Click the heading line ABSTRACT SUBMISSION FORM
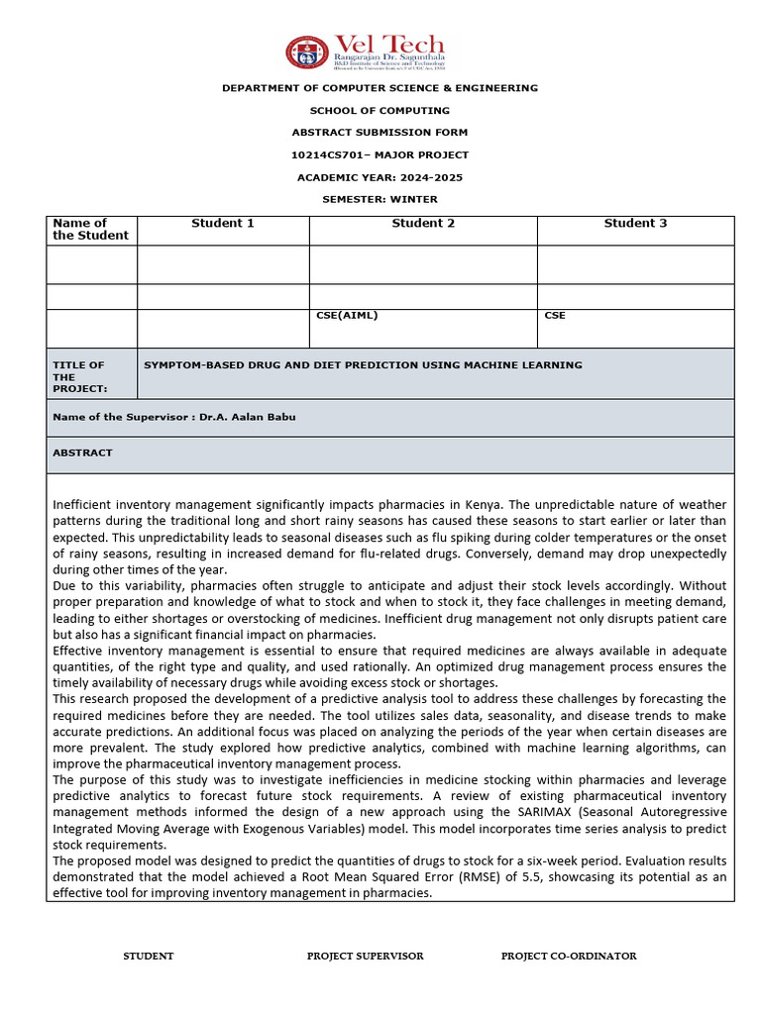click(380, 133)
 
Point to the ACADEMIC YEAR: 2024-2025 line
click(380, 177)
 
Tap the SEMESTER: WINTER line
click(380, 199)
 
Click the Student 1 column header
click(223, 224)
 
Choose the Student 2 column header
click(423, 224)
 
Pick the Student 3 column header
click(635, 224)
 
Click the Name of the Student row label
click(90, 230)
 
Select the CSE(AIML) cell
click(347, 316)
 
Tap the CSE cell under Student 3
click(555, 316)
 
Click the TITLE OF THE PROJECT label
click(78, 377)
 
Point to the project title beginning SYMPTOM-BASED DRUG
click(363, 365)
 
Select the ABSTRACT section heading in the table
click(82, 453)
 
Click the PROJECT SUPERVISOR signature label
click(365, 957)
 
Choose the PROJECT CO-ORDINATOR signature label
click(569, 957)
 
